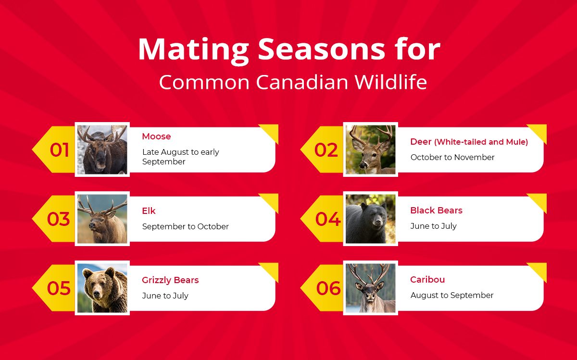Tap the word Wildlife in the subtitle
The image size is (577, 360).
point(390,82)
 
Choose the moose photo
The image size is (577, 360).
point(102,149)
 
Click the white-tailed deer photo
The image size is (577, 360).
point(370,149)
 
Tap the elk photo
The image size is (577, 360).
point(102,219)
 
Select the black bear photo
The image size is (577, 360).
point(370,219)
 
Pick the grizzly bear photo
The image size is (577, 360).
point(102,288)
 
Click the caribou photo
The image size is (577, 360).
point(370,288)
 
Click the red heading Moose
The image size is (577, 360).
point(156,137)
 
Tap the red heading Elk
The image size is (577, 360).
point(149,211)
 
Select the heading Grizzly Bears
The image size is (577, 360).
point(170,280)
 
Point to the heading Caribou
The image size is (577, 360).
point(427,280)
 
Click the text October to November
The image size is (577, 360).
point(452,157)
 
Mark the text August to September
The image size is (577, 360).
point(452,296)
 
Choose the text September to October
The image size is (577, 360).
point(185,226)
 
